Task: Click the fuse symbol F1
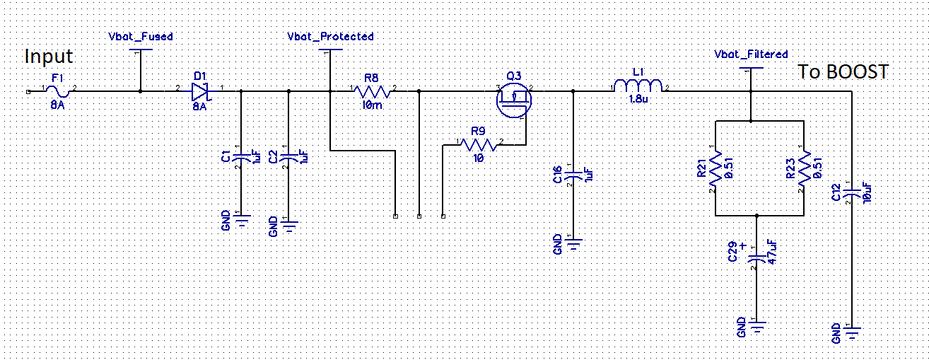[x=60, y=91]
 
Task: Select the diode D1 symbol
[x=198, y=91]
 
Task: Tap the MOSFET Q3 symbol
[x=514, y=99]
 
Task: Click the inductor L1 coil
[x=638, y=86]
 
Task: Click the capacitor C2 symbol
[x=289, y=156]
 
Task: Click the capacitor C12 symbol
[x=852, y=192]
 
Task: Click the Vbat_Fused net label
[x=141, y=36]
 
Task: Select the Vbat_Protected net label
[x=330, y=36]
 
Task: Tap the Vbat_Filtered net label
[x=751, y=54]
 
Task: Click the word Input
[x=49, y=56]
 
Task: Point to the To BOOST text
[x=843, y=71]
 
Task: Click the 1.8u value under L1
[x=638, y=100]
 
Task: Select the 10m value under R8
[x=372, y=105]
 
